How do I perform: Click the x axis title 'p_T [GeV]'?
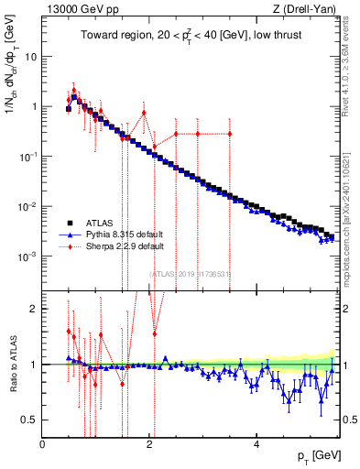(x=314, y=456)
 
